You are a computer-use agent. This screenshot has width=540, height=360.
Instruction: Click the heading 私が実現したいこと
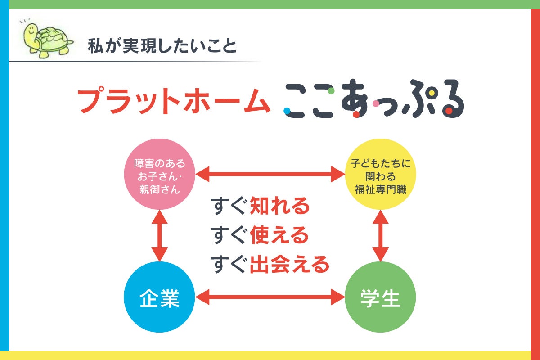click(x=162, y=46)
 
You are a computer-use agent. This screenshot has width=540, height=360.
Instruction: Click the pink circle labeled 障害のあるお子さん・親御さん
click(x=160, y=174)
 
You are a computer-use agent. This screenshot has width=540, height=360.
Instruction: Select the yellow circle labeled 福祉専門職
click(x=380, y=174)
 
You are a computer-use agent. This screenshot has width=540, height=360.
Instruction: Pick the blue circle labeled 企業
click(x=160, y=297)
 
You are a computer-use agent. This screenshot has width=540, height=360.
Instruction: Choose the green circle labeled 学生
click(x=380, y=297)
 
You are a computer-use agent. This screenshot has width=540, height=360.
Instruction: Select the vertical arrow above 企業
click(x=160, y=235)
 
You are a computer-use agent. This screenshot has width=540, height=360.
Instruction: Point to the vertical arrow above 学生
click(x=380, y=235)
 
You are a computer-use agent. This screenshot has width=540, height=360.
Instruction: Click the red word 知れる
click(x=279, y=207)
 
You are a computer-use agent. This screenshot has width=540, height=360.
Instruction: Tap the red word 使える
click(x=279, y=235)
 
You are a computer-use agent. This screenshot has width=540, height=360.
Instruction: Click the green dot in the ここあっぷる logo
click(x=331, y=91)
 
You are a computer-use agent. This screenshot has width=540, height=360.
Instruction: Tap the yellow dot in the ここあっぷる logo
click(x=432, y=94)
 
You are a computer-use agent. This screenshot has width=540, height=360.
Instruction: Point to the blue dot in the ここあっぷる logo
click(x=287, y=110)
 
